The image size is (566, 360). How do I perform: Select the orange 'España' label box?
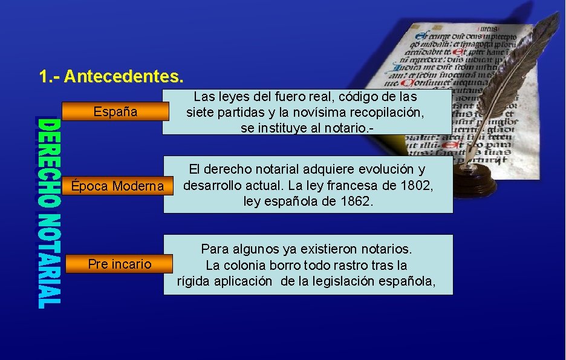[115, 112]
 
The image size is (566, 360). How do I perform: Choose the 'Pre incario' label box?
[119, 264]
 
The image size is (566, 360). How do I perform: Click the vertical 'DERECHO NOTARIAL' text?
[49, 213]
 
